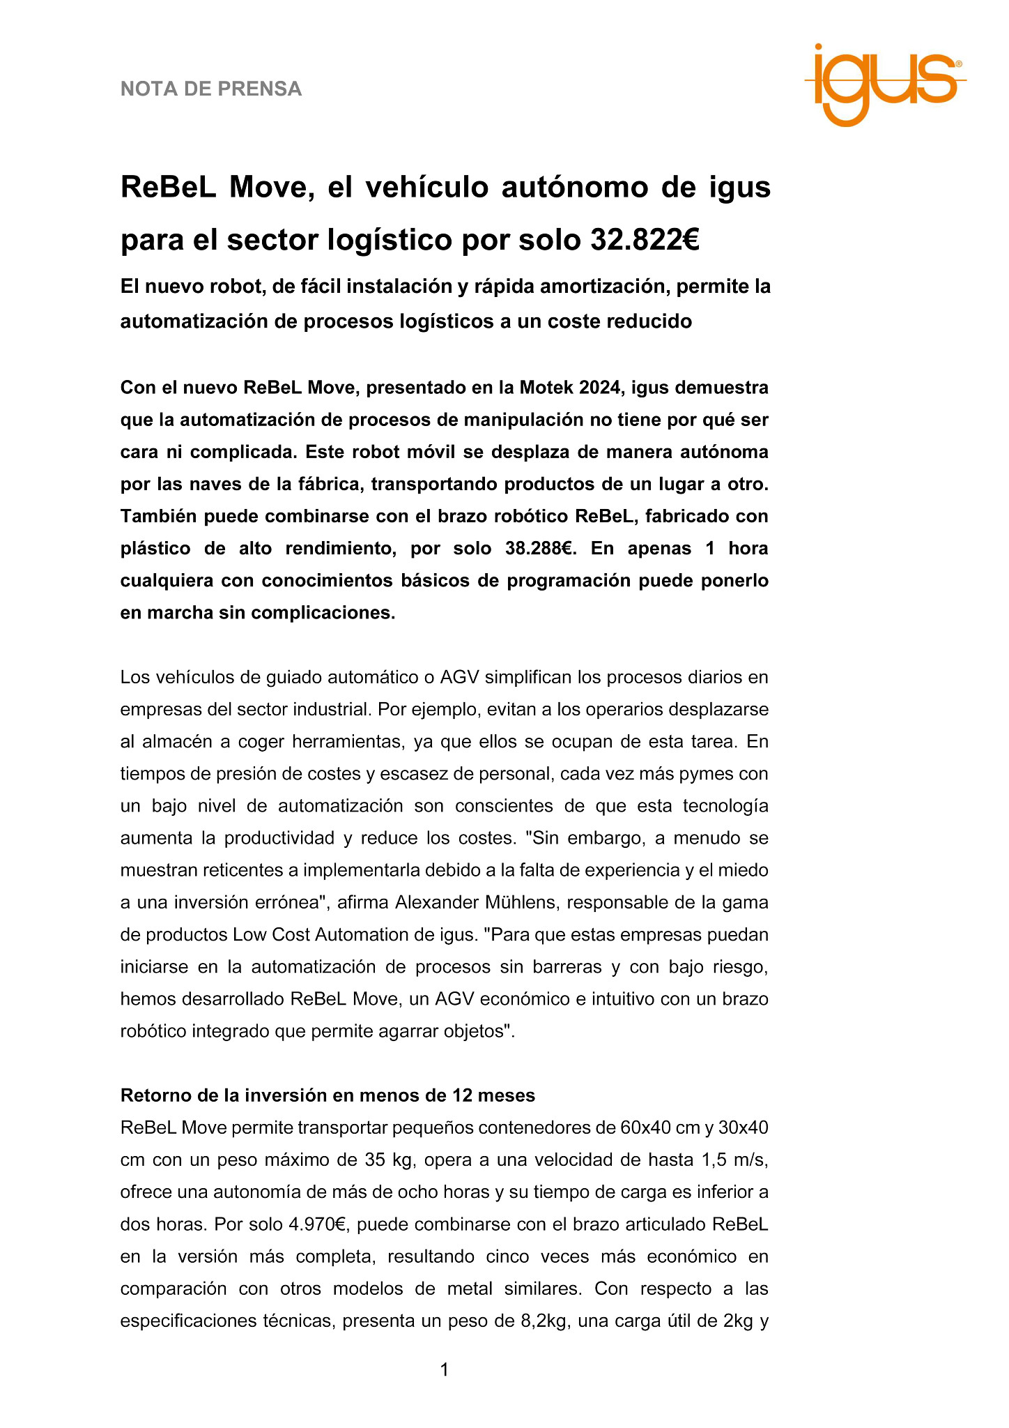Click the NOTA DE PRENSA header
pos(211,89)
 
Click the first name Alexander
pos(433,903)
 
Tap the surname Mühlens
pos(518,903)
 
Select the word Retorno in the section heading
pos(155,1095)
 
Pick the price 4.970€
pos(316,1224)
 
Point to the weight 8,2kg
pos(541,1321)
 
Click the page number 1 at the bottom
pos(444,1370)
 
